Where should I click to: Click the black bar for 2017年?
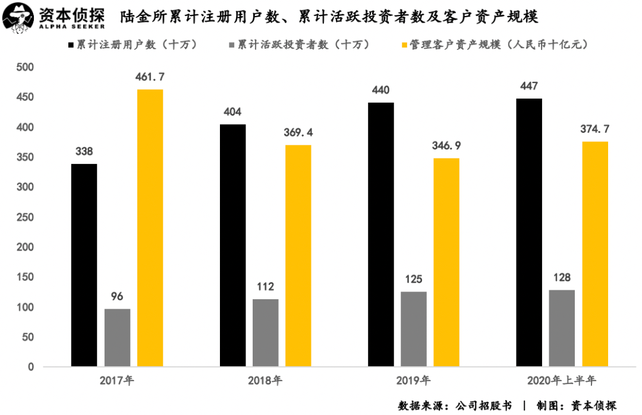pyautogui.click(x=84, y=265)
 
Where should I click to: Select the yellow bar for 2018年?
pyautogui.click(x=298, y=255)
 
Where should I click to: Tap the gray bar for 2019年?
pyautogui.click(x=413, y=328)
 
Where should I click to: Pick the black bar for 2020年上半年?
pyautogui.click(x=529, y=232)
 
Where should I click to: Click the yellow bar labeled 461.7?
pyautogui.click(x=150, y=227)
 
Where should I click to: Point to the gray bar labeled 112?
pyautogui.click(x=265, y=332)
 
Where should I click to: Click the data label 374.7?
pyautogui.click(x=595, y=129)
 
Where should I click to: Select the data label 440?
pyautogui.click(x=380, y=90)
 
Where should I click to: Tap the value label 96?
pyautogui.click(x=117, y=296)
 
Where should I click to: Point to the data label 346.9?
pyautogui.click(x=446, y=145)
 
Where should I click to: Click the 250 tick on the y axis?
pyautogui.click(x=27, y=217)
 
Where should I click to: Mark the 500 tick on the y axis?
pyautogui.click(x=27, y=68)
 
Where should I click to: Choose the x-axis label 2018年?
pyautogui.click(x=265, y=381)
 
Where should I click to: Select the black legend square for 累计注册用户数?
pyautogui.click(x=71, y=45)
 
